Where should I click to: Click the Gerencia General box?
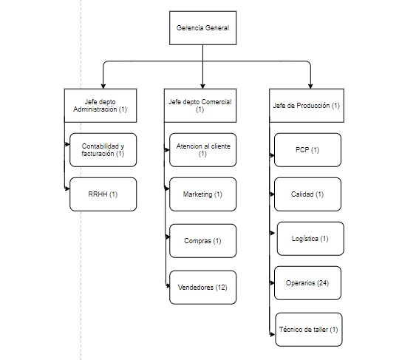tap(202, 28)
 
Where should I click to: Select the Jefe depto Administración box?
tap(100, 106)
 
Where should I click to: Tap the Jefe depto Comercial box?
tap(200, 106)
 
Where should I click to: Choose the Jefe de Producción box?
tap(307, 106)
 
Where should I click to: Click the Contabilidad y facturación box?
tap(103, 150)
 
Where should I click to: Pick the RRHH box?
tap(103, 194)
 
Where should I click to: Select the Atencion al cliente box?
tap(202, 150)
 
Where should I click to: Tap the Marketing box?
tap(202, 194)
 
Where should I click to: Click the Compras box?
tap(202, 241)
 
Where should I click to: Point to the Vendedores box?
tap(202, 288)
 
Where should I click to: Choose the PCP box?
tap(307, 150)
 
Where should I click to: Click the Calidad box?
tap(307, 194)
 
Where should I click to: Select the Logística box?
tap(310, 239)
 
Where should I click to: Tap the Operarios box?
tap(307, 283)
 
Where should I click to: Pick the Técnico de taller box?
tap(309, 330)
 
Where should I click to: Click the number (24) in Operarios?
tap(323, 283)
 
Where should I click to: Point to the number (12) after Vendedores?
tap(221, 288)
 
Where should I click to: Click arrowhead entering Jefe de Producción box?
tap(310, 86)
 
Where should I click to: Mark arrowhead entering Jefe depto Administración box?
tap(103, 86)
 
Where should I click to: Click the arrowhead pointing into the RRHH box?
tap(67, 189)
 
